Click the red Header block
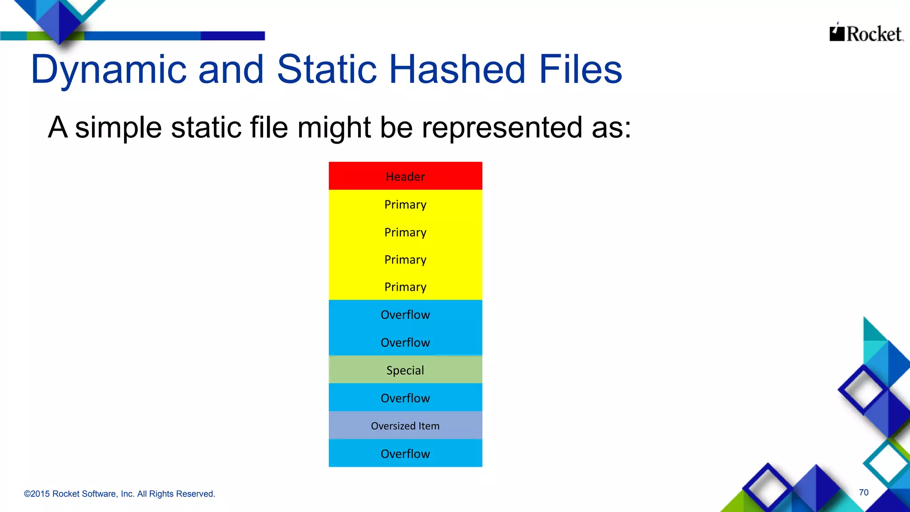pyautogui.click(x=405, y=176)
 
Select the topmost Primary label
pyautogui.click(x=405, y=204)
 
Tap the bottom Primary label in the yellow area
pyautogui.click(x=405, y=287)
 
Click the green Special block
pyautogui.click(x=405, y=370)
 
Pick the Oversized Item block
pyautogui.click(x=405, y=426)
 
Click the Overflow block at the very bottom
pyautogui.click(x=405, y=453)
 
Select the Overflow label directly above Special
pyautogui.click(x=405, y=342)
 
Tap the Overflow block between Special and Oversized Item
pyautogui.click(x=405, y=398)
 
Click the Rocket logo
pyautogui.click(x=866, y=33)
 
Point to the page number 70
pyautogui.click(x=863, y=492)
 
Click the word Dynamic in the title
pyautogui.click(x=109, y=69)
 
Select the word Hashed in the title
pyautogui.click(x=457, y=69)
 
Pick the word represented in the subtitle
pyautogui.click(x=501, y=128)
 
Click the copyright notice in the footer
pyautogui.click(x=120, y=494)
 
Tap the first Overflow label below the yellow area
pyautogui.click(x=405, y=315)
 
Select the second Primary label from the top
pyautogui.click(x=405, y=232)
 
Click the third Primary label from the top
pyautogui.click(x=405, y=260)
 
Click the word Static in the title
pyautogui.click(x=327, y=69)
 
